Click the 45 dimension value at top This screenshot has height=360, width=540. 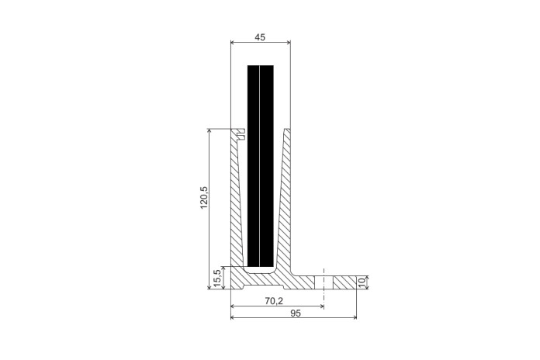pos(261,37)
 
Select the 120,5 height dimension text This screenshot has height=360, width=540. pos(204,197)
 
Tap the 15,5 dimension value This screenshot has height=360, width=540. pos(217,279)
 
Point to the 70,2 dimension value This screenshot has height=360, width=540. pos(274,301)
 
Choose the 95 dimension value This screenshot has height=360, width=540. pos(296,313)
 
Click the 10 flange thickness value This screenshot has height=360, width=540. pos(362,282)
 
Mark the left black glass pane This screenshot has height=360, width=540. pos(253,166)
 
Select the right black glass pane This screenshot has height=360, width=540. pos(267,166)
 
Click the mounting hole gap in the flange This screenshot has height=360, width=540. pos(324,282)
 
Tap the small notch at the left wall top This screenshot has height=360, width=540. pos(241,134)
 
